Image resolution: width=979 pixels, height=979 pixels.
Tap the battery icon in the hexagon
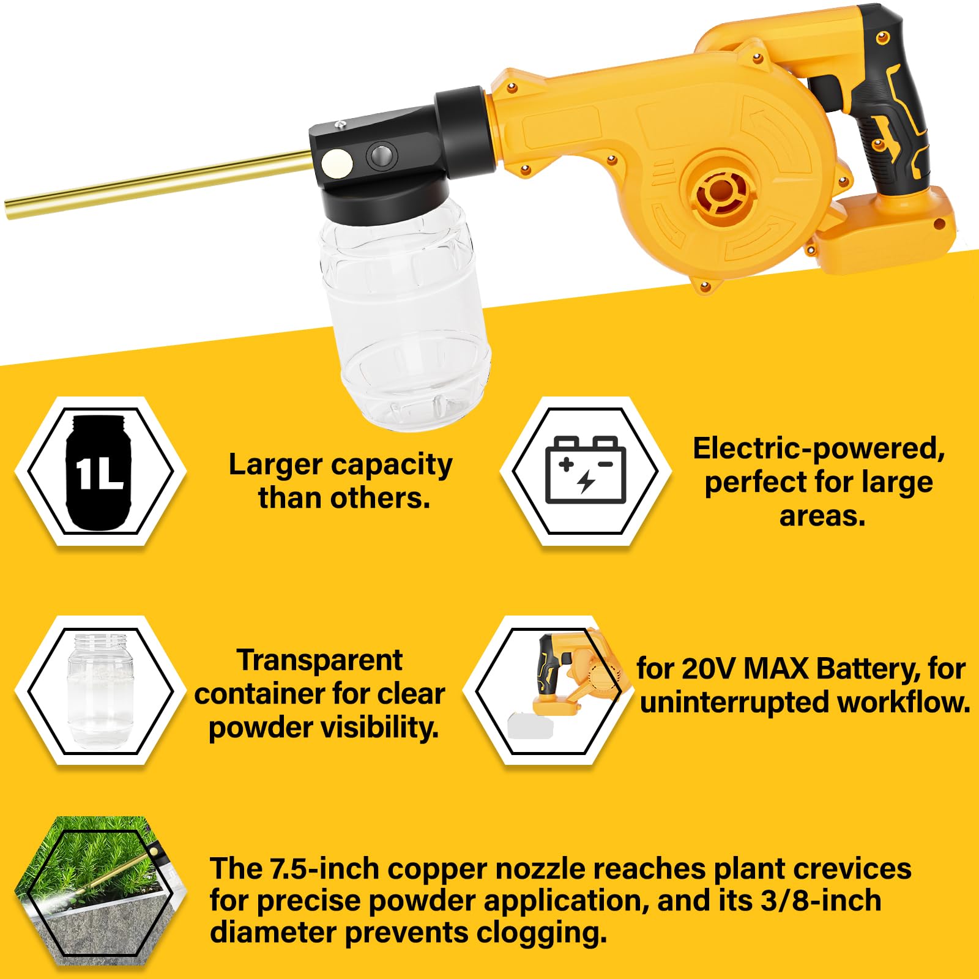point(586,469)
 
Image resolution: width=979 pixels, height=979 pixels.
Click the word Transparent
point(319,660)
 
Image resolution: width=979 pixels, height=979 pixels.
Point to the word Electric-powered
point(819,449)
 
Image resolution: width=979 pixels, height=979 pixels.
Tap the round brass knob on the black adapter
point(337,163)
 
